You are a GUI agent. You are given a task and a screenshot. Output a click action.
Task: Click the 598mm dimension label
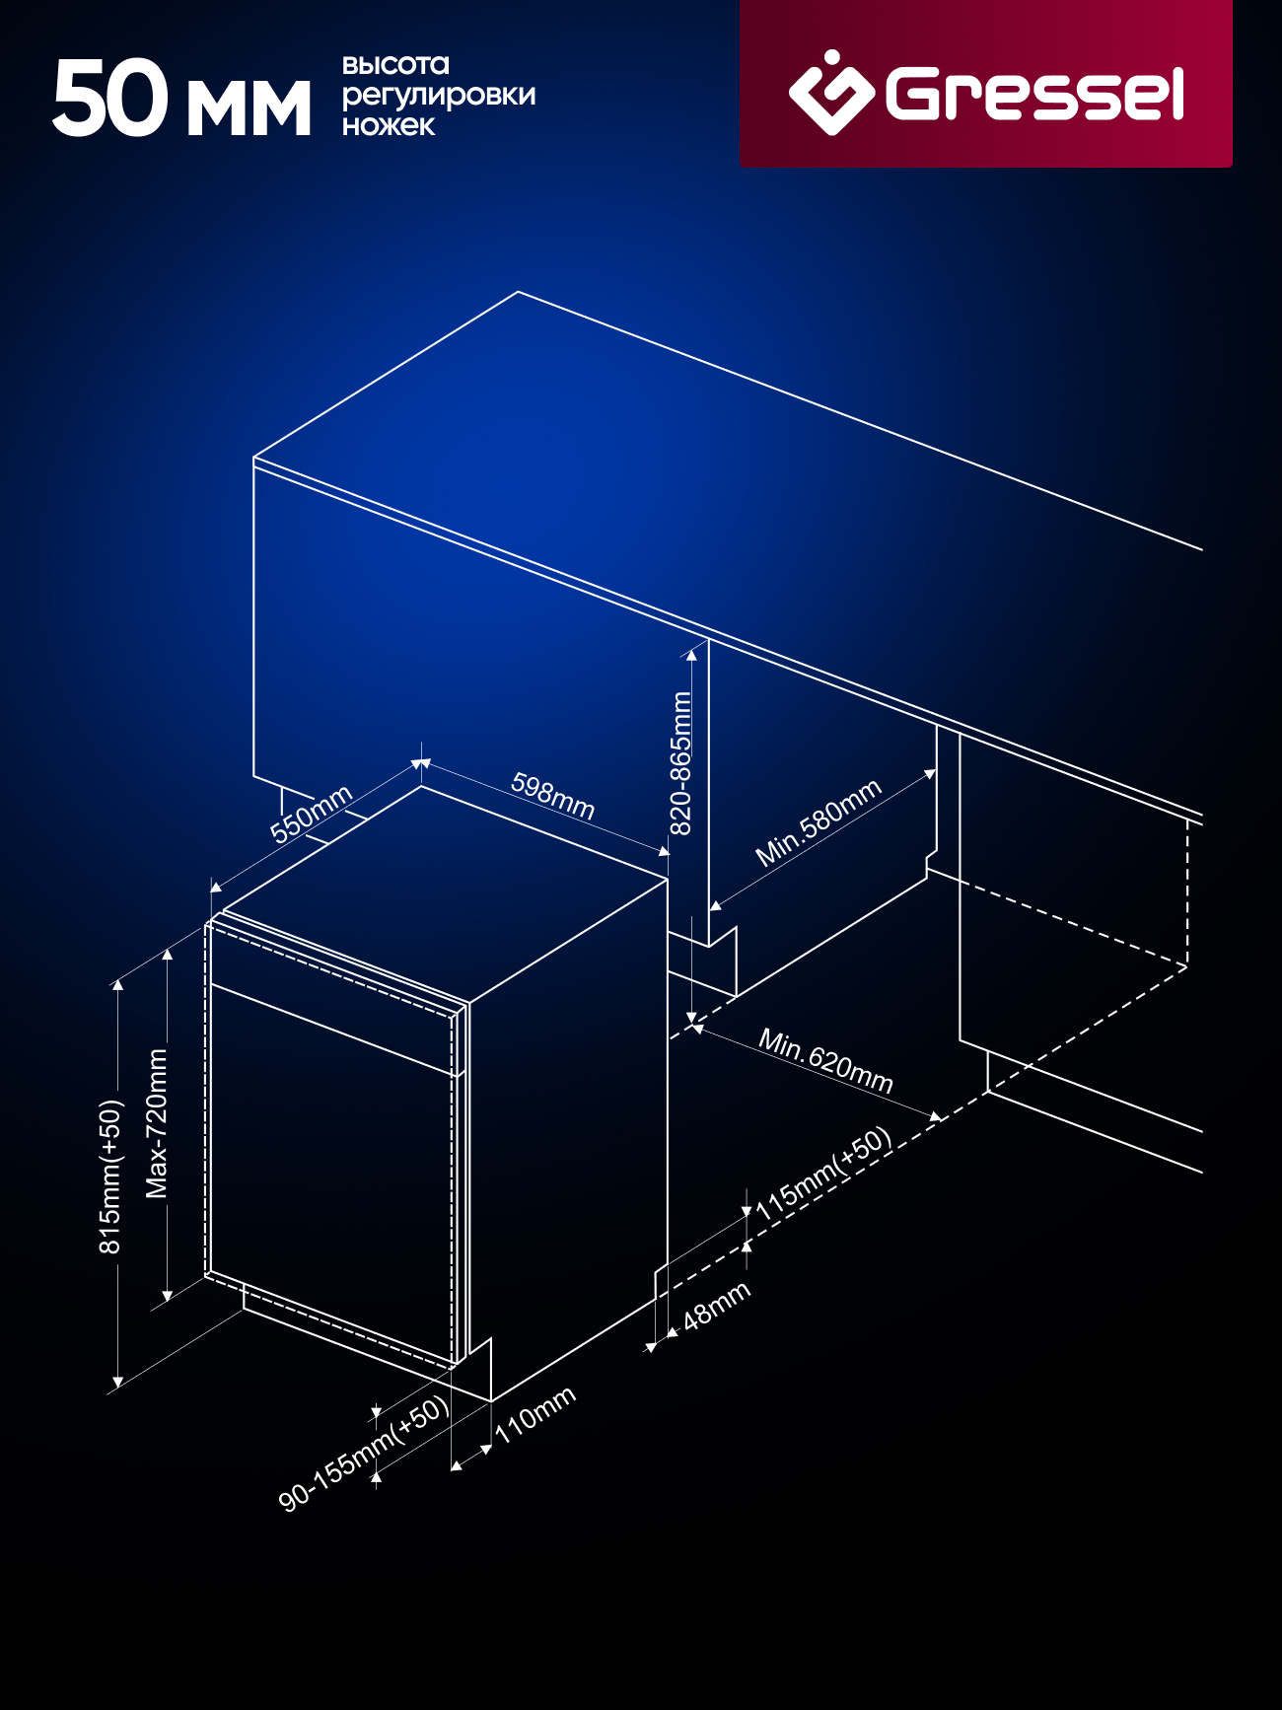tap(553, 797)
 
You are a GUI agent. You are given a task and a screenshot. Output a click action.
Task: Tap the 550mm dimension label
tap(311, 815)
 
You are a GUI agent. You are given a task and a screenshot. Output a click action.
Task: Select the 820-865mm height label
tap(680, 763)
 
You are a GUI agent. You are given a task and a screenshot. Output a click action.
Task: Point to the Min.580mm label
tap(818, 823)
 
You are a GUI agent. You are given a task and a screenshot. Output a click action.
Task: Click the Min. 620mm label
tap(825, 1061)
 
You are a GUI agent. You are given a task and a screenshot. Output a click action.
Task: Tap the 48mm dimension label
tap(716, 1306)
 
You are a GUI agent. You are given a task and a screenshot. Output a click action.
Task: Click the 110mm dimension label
tap(535, 1415)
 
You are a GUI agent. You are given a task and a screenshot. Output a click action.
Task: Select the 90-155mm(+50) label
tap(364, 1454)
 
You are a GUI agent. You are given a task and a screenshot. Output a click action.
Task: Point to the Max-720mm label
tap(157, 1123)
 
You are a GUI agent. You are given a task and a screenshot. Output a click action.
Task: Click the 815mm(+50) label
tap(109, 1176)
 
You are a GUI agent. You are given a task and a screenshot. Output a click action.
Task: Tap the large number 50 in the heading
tap(110, 98)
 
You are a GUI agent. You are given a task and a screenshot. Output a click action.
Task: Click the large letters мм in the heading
tap(249, 108)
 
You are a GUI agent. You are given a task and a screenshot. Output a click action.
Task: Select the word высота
tap(395, 65)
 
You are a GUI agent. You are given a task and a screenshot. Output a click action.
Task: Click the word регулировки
tap(439, 96)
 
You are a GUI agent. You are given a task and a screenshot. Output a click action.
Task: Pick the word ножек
tap(389, 125)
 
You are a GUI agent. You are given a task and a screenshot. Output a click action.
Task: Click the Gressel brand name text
tap(1034, 94)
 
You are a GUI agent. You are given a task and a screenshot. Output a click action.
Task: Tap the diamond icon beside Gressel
tap(830, 92)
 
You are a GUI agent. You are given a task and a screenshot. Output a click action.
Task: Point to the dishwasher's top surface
tap(446, 892)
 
